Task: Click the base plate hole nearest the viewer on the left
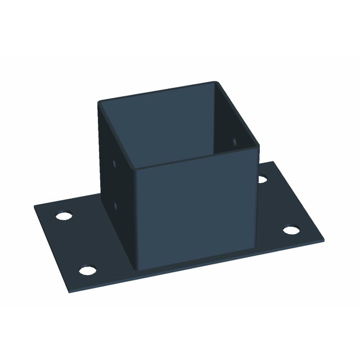click(x=87, y=271)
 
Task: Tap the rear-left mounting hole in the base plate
click(x=64, y=216)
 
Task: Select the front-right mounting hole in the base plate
click(x=290, y=230)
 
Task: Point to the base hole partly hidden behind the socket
click(x=262, y=179)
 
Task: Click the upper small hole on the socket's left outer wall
click(x=115, y=165)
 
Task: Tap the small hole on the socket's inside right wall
click(x=235, y=140)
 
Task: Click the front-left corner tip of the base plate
click(x=71, y=292)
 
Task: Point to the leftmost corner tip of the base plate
click(x=34, y=206)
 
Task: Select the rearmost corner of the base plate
click(x=274, y=162)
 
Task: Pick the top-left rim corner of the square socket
click(x=100, y=102)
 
